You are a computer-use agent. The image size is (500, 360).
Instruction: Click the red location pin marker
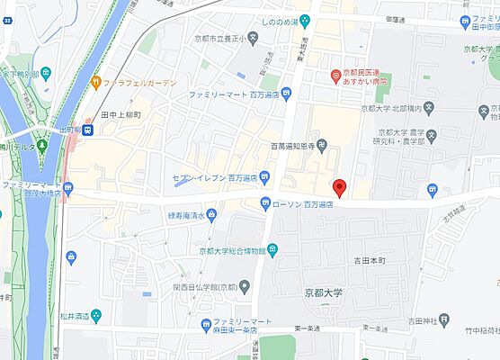pyautogui.click(x=339, y=188)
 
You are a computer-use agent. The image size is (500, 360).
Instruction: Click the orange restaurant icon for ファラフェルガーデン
pyautogui.click(x=94, y=84)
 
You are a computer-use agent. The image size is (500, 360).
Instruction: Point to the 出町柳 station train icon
pyautogui.click(x=87, y=130)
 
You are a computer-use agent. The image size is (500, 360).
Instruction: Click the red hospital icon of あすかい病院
pyautogui.click(x=333, y=74)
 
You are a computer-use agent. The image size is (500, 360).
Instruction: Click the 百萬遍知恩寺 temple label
pyautogui.click(x=285, y=145)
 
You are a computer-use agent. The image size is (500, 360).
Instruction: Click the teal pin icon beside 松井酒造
pyautogui.click(x=95, y=314)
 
